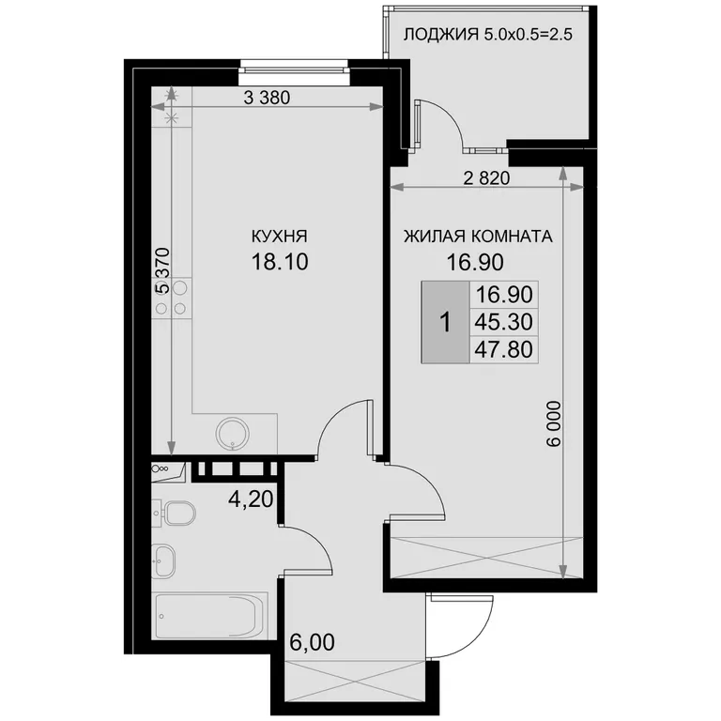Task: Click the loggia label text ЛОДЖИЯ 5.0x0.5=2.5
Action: pos(487,35)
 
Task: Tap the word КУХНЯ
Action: pos(279,237)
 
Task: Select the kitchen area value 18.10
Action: pos(280,262)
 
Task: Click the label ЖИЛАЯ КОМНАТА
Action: pos(478,237)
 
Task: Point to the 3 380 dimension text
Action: pos(267,98)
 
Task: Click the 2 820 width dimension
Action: pos(487,178)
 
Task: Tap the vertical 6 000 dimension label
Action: pos(555,423)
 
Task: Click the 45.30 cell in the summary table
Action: pos(503,322)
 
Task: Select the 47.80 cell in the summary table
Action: pos(503,349)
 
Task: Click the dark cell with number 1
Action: pos(445,322)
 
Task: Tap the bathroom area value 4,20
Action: pos(251,499)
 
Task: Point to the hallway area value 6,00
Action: pos(312,642)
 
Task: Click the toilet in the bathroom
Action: pos(180,514)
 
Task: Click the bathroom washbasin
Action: pos(163,560)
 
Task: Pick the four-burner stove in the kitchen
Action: pos(172,298)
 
